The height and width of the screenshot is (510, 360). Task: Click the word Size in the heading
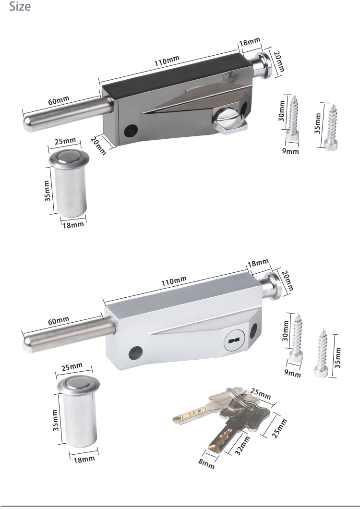20,7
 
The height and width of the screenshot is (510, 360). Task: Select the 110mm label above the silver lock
174,281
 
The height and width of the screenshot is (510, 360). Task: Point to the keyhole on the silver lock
234,340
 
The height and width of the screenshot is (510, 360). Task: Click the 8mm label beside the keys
205,463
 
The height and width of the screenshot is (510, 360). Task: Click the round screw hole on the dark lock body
129,130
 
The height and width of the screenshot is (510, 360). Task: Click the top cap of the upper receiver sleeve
68,159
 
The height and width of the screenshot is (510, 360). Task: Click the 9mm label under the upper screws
290,151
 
